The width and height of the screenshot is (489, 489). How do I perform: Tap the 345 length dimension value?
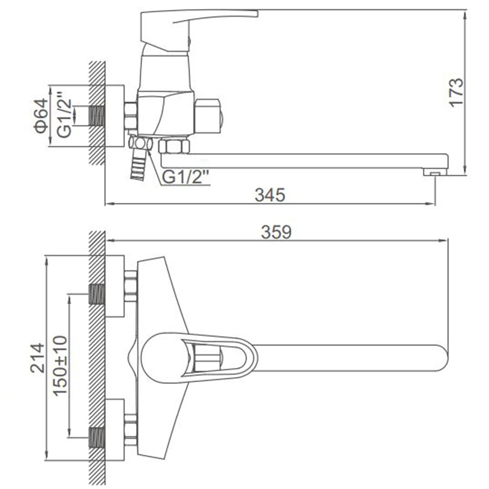pos(270,195)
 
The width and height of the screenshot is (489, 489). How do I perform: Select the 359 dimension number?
pos(276,232)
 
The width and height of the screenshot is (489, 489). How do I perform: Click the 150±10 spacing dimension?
pos(60,366)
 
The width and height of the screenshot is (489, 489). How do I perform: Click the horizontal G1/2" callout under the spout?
pos(186,177)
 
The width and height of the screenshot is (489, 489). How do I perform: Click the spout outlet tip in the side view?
pos(436,172)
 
